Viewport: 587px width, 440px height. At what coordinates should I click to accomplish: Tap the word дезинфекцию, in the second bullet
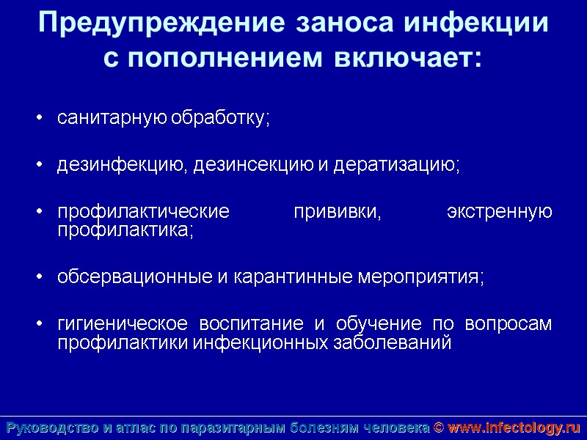tap(120, 165)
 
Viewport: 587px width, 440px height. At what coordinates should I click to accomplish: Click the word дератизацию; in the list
tap(397, 165)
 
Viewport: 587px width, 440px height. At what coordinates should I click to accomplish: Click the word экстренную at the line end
tap(500, 213)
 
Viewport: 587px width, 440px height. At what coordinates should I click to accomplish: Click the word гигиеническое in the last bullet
tap(119, 325)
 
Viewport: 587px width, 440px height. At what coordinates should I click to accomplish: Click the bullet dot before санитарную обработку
tap(40, 119)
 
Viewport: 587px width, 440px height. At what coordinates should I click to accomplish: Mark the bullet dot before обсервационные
tap(40, 279)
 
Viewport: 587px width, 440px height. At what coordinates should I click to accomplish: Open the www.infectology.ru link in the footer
tap(514, 428)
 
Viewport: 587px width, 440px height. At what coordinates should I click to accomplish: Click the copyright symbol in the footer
tap(439, 428)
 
